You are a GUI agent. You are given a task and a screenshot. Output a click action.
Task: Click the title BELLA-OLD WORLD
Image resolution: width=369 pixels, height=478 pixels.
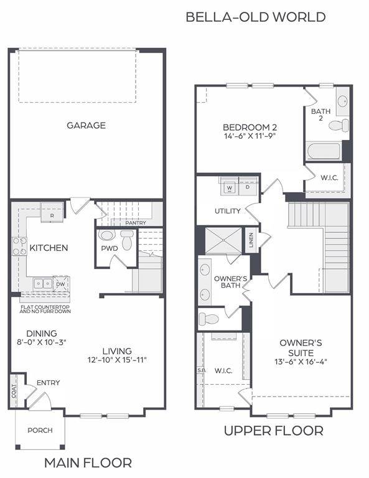tap(255, 17)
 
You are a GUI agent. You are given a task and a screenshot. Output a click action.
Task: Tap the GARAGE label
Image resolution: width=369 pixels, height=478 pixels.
tap(86, 125)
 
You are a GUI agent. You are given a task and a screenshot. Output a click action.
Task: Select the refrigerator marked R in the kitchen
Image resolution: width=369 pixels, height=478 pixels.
tap(52, 215)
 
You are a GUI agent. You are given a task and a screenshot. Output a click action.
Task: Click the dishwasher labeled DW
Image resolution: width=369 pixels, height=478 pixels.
tap(60, 284)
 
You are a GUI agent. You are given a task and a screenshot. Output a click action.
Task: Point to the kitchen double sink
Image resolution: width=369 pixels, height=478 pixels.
tap(42, 283)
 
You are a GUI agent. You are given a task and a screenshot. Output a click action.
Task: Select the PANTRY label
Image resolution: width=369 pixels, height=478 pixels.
tap(135, 222)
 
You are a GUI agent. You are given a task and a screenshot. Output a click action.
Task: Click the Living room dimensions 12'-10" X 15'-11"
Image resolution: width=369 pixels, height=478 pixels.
tap(117, 360)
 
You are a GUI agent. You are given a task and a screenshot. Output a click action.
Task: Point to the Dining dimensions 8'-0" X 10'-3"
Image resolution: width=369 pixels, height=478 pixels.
tap(42, 342)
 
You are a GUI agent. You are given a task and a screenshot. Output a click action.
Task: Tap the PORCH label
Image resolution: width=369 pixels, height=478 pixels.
tap(40, 430)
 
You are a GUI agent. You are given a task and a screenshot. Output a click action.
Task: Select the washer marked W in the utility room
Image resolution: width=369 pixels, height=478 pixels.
tap(229, 187)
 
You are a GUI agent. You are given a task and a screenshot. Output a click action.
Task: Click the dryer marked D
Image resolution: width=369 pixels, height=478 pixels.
tap(247, 187)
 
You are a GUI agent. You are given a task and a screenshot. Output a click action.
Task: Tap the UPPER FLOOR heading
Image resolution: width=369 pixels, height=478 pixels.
tap(273, 430)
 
